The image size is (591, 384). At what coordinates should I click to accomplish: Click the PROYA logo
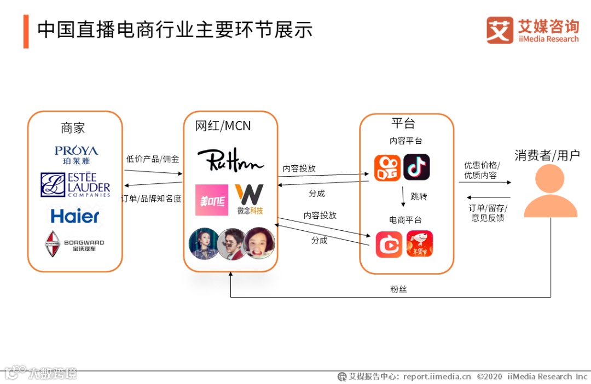[x=76, y=154]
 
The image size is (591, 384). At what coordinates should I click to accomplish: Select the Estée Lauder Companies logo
[x=76, y=185]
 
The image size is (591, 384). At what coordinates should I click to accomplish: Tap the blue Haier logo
[x=75, y=216]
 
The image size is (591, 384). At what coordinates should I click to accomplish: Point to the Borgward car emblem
[x=53, y=244]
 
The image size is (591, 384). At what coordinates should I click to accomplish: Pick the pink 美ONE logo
[x=211, y=200]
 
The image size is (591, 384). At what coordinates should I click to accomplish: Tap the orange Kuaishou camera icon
[x=387, y=167]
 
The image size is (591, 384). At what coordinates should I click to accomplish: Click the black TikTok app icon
[x=416, y=167]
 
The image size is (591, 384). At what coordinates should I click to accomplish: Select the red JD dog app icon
[x=419, y=244]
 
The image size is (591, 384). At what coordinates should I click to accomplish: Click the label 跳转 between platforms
[x=419, y=196]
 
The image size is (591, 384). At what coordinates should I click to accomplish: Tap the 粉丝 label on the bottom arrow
[x=398, y=289]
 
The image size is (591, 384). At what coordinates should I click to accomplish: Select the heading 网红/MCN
[x=223, y=126]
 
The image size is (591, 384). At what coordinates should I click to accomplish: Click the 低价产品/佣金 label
[x=153, y=159]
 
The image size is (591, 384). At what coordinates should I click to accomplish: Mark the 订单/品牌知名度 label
[x=152, y=199]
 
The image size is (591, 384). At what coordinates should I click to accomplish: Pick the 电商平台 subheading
[x=405, y=220]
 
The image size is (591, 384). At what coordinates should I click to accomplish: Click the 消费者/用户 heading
[x=547, y=155]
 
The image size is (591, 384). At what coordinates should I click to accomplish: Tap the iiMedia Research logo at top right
[x=532, y=30]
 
